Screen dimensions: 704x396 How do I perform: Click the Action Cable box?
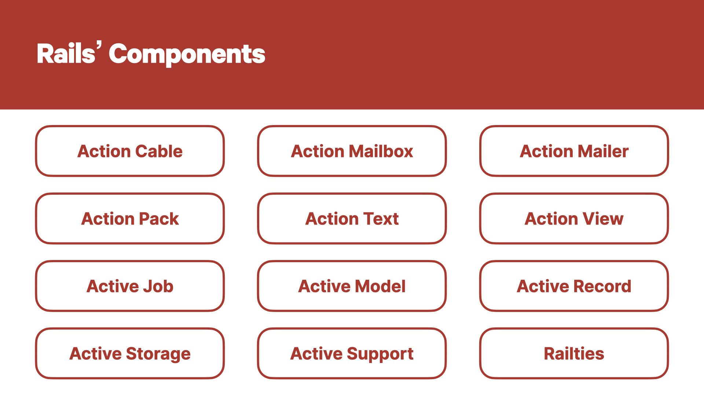pos(130,151)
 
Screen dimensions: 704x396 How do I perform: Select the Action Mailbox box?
pos(352,151)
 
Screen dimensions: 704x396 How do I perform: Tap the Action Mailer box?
pos(574,151)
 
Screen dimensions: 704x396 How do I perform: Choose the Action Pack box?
pos(130,219)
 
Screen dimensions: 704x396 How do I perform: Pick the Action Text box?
pos(352,219)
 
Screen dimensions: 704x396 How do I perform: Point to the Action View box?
pos(574,219)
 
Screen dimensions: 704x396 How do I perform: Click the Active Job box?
pos(130,286)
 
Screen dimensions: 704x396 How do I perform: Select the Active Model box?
pos(352,286)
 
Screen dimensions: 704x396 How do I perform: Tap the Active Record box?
pos(574,286)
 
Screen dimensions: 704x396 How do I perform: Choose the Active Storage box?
pos(130,353)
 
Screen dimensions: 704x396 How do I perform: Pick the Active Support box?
pos(352,353)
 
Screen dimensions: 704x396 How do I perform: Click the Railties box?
pos(574,353)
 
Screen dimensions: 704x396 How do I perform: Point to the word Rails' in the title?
pos(69,53)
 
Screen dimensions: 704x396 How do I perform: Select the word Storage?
pos(158,354)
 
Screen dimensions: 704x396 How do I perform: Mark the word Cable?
pos(159,151)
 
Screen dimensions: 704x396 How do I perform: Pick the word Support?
pos(380,354)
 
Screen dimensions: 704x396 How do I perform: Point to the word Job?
pos(158,286)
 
